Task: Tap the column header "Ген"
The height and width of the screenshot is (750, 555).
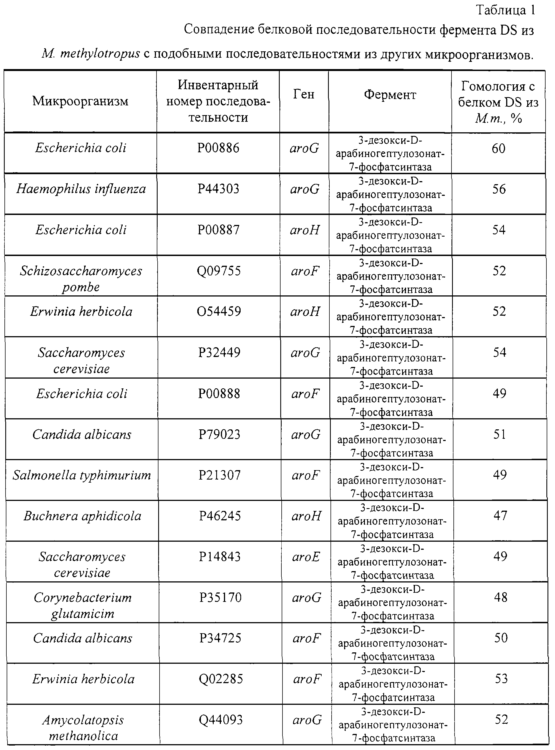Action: (x=304, y=94)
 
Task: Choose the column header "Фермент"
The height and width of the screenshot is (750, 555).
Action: (x=390, y=95)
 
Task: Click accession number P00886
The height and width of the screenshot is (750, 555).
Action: (x=218, y=148)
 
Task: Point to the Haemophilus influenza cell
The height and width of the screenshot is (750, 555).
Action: (x=81, y=189)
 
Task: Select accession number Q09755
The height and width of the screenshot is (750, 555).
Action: (x=219, y=271)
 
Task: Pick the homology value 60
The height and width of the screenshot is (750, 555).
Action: (x=499, y=148)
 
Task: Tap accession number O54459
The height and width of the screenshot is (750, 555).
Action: (x=219, y=311)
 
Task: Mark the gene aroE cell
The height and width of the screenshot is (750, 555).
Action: (x=306, y=557)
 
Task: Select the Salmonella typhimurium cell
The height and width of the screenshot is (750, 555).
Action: (x=82, y=475)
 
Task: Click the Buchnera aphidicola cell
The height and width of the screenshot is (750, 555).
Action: (x=82, y=516)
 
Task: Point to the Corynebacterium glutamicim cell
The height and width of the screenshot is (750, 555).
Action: (x=83, y=605)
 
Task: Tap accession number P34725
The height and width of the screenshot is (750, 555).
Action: (x=220, y=638)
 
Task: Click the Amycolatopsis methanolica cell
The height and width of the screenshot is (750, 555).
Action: (x=83, y=728)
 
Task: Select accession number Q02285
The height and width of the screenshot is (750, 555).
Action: (x=221, y=679)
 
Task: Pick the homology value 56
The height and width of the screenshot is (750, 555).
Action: (x=499, y=189)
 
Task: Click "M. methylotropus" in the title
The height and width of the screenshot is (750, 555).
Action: (x=91, y=54)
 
